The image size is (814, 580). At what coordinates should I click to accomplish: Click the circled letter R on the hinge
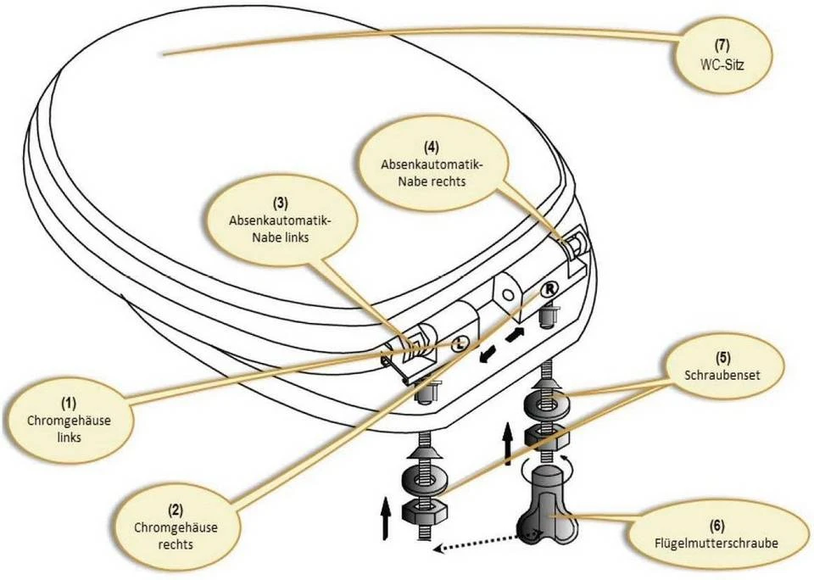[x=549, y=290]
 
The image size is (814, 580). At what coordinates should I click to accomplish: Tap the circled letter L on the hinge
[x=458, y=343]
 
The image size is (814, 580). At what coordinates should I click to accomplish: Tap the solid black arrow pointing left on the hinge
[x=486, y=354]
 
